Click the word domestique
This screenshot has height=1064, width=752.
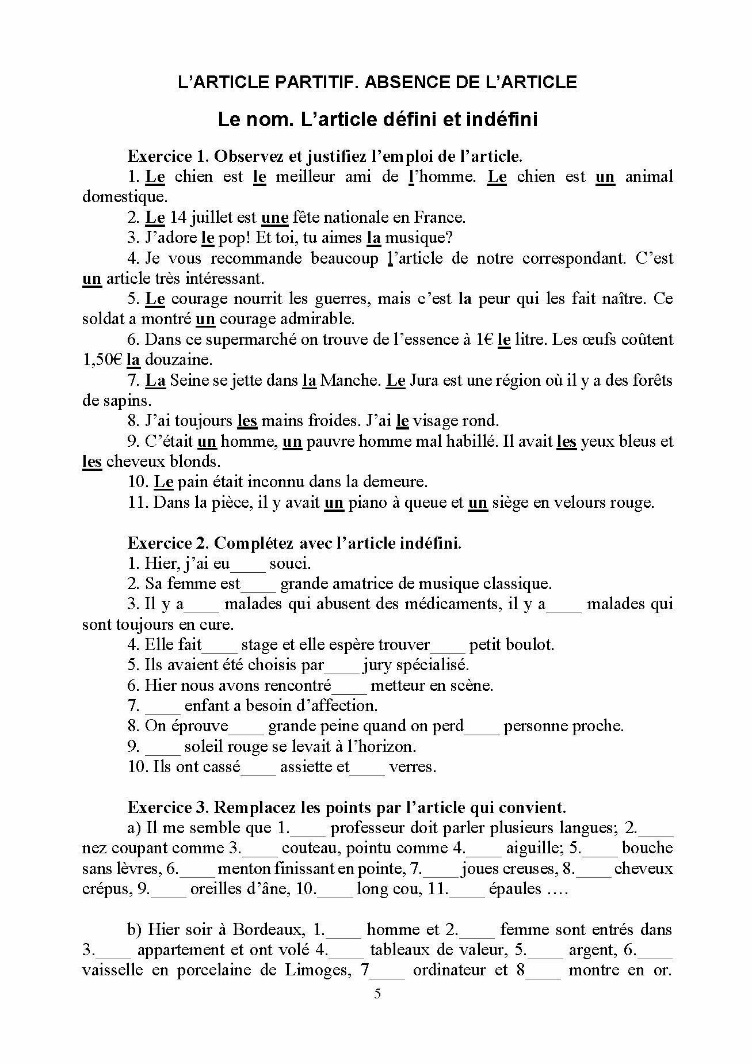point(124,197)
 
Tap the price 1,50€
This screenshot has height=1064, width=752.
point(102,360)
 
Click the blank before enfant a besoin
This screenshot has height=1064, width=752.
point(163,706)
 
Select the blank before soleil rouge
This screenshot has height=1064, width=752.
point(163,747)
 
